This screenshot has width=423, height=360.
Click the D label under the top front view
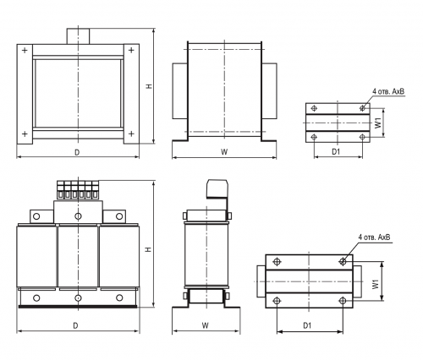pos(77,152)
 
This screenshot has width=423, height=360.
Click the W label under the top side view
pos(224,152)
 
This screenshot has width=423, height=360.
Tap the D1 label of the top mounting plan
pos(336,152)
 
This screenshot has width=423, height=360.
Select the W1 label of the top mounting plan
pos(378,123)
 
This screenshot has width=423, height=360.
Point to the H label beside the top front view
pos(149,86)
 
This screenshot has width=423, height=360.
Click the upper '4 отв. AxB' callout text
pos(388,91)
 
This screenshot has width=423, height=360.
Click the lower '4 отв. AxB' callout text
pos(375,237)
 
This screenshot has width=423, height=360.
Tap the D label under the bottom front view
pos(75,325)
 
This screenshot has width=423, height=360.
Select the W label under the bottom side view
pos(206,325)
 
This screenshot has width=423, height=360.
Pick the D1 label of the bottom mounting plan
pos(307,325)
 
